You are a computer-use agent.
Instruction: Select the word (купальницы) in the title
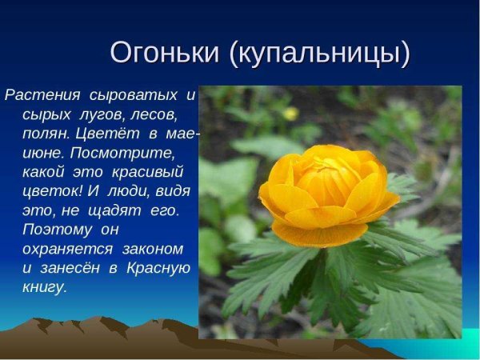pos(319,54)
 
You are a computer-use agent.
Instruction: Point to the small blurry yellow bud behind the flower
pos(290,113)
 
